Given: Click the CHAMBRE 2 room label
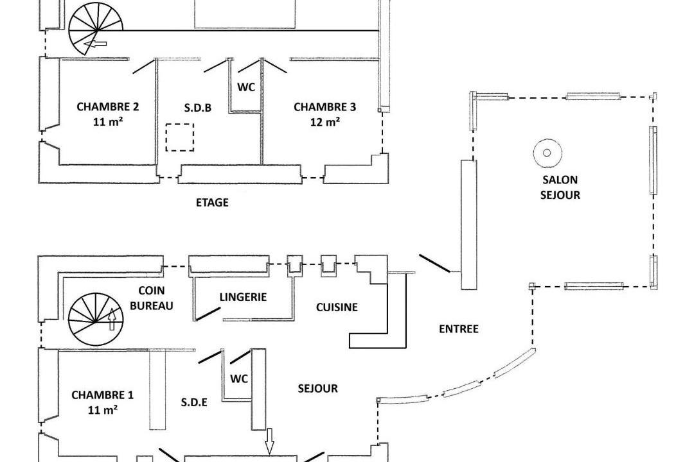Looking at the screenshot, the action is pos(107,114).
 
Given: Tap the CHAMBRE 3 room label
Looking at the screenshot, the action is pos(325,114).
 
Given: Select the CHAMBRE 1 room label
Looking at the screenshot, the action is pos(102,402).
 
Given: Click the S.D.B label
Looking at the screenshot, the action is pos(197,107).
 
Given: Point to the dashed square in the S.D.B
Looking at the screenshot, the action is pos(180,137).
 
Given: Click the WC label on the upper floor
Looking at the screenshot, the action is pos(246,87).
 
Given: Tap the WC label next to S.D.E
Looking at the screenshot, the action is pos(239,379).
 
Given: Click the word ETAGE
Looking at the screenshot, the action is pos(212,203).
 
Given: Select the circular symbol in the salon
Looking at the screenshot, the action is pos(547,153).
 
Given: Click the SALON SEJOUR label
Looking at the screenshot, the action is pos(560,187).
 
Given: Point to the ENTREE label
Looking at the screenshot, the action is pos(459,329).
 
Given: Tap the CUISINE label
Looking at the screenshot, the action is pos(337,307).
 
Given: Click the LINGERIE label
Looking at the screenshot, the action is pos(243,297).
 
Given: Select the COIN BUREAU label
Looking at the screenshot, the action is pos(152,298).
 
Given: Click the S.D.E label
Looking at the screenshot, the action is pos(194,402).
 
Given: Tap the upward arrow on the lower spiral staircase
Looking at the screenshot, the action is pos(112,319).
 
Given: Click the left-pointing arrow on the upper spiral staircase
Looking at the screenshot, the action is pos(95,44).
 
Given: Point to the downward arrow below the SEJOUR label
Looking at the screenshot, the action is pos(269,441).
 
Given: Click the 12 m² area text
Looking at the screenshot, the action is pos(325,121).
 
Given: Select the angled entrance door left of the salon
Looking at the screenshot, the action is pos(434,264).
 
